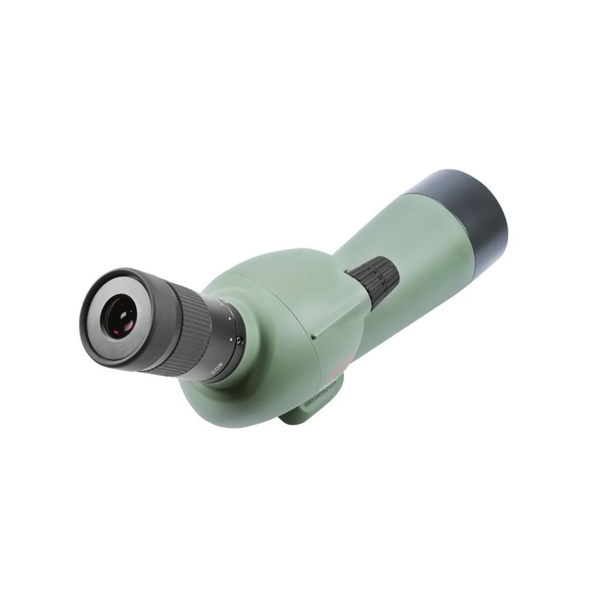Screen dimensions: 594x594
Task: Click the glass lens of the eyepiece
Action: click(120, 320)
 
